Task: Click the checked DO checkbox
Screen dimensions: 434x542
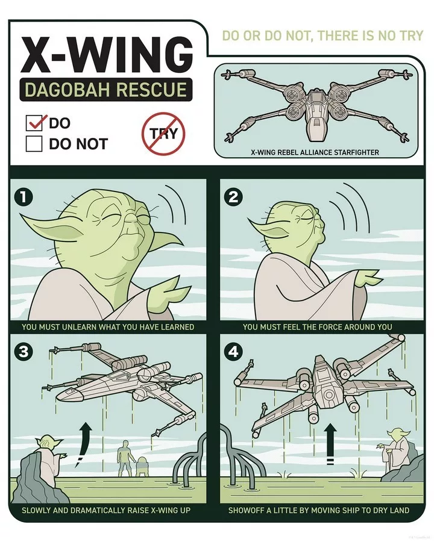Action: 34,123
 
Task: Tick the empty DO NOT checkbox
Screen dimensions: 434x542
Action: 34,144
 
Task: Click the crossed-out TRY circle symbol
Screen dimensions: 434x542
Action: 163,134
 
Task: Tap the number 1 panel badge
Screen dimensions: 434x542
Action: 23,198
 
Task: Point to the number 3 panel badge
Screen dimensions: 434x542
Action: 23,352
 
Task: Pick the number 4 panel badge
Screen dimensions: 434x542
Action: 233,352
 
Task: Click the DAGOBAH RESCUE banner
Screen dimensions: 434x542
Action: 106,90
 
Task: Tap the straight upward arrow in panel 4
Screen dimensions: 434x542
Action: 330,443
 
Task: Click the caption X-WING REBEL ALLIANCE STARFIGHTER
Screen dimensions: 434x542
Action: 315,152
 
